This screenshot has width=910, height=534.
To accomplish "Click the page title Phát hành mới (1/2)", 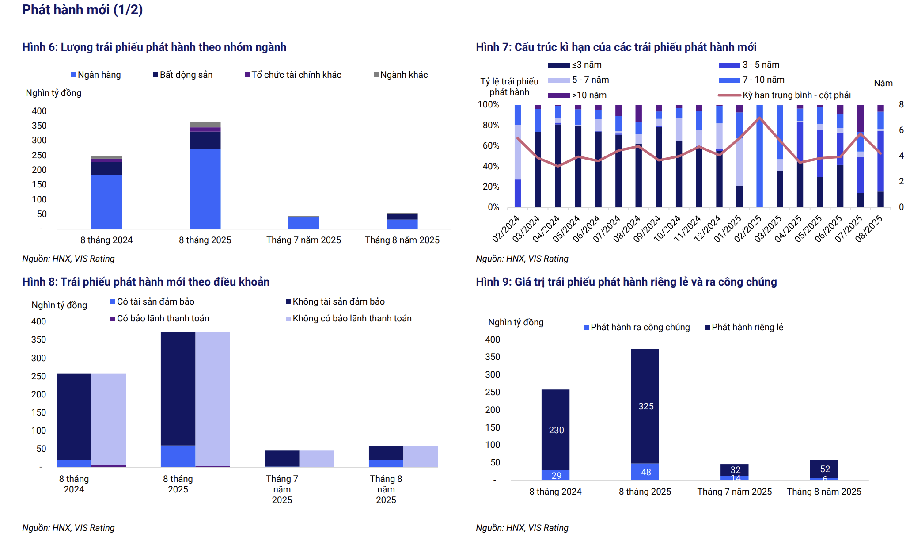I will [83, 10].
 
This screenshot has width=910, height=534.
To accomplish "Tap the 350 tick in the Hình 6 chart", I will [39, 126].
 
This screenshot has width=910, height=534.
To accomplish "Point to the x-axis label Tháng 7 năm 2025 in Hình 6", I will [303, 240].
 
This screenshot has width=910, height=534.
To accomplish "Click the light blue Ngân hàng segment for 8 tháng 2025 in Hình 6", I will [205, 188].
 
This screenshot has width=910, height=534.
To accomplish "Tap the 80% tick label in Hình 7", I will [491, 125].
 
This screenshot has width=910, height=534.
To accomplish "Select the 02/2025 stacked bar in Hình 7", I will [759, 156].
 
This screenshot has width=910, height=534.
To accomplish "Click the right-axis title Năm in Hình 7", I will [883, 83].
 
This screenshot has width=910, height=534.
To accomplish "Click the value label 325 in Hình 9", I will [646, 406].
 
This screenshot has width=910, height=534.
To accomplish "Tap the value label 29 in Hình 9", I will [556, 475].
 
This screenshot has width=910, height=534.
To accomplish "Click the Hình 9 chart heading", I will [626, 282].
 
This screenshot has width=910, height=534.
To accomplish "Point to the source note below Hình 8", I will [68, 528].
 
